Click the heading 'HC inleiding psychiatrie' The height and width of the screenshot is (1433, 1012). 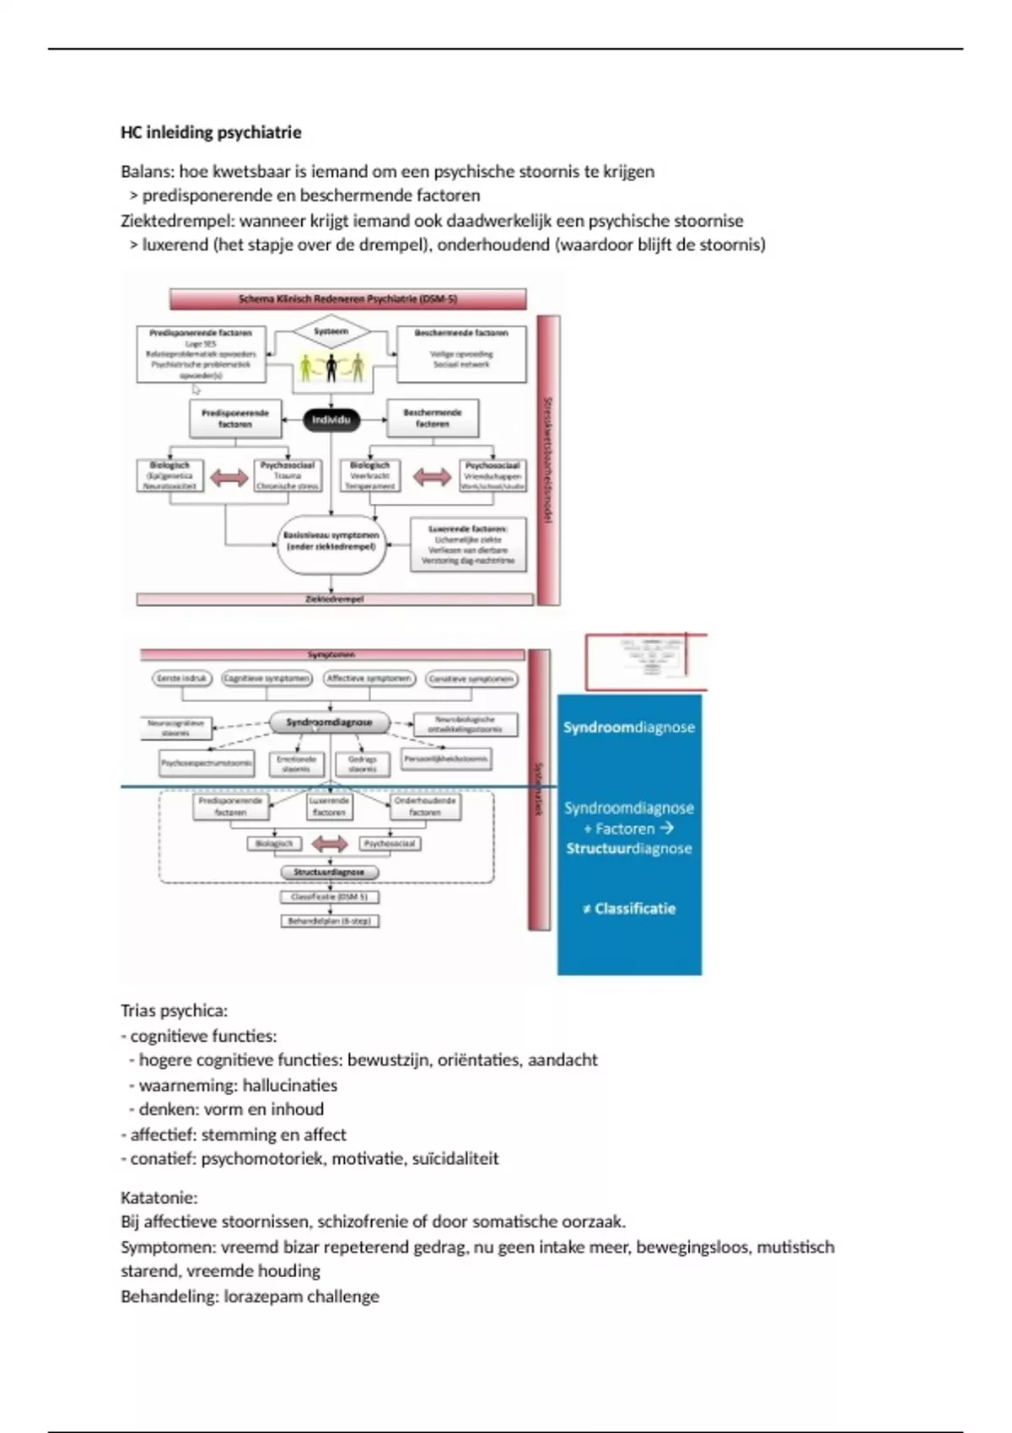tap(211, 132)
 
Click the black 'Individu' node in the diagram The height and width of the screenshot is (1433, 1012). tap(331, 420)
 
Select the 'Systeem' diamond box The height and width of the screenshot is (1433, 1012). tap(331, 331)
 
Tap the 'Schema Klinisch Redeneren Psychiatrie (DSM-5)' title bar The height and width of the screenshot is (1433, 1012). tap(347, 299)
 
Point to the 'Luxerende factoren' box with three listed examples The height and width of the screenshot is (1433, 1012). tap(468, 545)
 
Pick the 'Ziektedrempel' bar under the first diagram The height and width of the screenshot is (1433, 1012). tap(335, 599)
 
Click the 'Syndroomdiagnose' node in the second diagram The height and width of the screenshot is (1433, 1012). tap(329, 722)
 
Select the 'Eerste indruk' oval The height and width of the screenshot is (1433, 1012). tap(182, 679)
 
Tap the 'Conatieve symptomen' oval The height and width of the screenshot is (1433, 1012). tap(471, 679)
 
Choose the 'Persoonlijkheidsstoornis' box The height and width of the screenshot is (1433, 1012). tap(446, 759)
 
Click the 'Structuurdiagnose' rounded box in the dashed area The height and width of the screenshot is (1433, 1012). tap(329, 872)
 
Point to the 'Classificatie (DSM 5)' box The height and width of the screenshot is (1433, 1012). tap(329, 897)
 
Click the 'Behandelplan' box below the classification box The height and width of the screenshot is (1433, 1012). tap(329, 921)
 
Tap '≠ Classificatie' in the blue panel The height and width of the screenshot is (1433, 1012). tap(629, 909)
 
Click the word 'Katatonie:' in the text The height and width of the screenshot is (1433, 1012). tap(159, 1197)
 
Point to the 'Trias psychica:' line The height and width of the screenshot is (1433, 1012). tap(174, 1011)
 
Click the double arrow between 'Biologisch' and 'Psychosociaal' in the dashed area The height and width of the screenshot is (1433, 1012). tap(329, 843)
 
